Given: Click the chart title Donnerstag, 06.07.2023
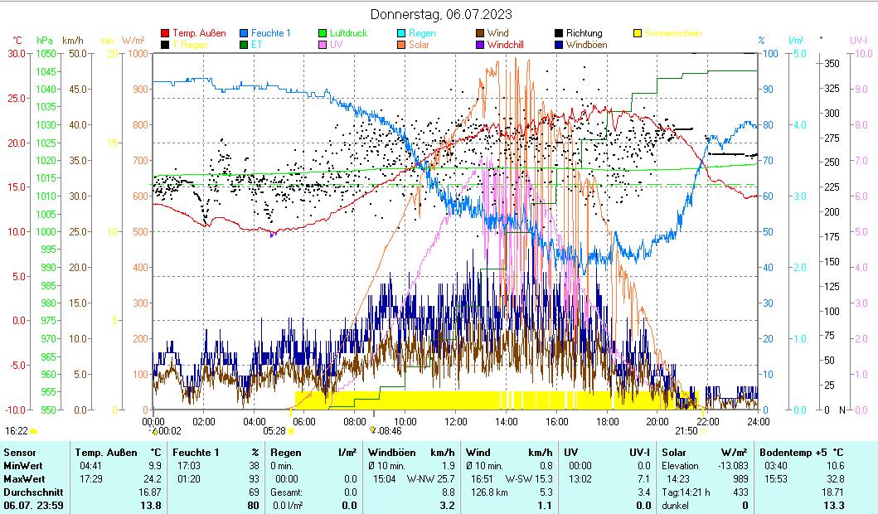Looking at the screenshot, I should pos(441,14).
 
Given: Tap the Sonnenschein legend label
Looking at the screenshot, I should pos(673,33).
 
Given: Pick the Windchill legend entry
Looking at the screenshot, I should pos(505,45).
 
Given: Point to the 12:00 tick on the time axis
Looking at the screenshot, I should pos(456,421).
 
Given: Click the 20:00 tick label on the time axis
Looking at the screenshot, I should pos(657,421).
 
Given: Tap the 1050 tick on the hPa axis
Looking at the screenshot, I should pos(46,53).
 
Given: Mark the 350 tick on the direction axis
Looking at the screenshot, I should pos(832,63).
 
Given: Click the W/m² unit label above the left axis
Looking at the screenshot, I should pos(133,40).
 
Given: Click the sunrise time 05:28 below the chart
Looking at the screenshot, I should pos(274,430).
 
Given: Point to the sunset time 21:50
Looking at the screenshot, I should pos(686,430).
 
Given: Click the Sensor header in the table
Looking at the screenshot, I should pos(20,453).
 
